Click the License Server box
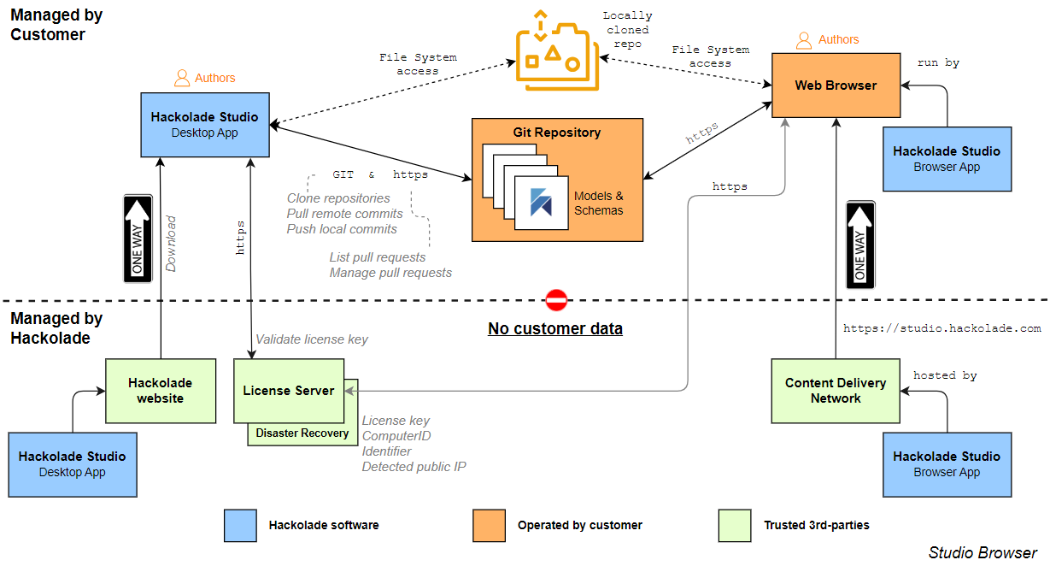tap(288, 391)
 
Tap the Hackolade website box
tap(160, 391)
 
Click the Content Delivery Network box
tap(835, 391)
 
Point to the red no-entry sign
tap(556, 300)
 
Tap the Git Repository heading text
tap(556, 133)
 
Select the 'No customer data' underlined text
tap(554, 329)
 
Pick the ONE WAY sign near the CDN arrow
tap(860, 245)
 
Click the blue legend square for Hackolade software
tap(240, 525)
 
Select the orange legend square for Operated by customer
tap(489, 525)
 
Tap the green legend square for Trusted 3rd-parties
tap(735, 525)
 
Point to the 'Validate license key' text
tap(312, 339)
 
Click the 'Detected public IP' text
tap(414, 467)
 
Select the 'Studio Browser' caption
tap(983, 552)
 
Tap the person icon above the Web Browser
tap(804, 40)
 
